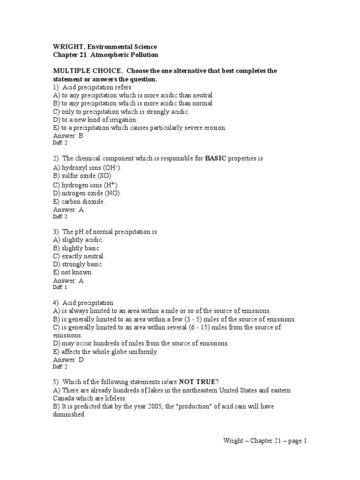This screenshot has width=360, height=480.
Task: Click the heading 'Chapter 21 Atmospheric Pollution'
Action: [x=105, y=55]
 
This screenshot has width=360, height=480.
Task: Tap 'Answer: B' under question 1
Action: [x=68, y=135]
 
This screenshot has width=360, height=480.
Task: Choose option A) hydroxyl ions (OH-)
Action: [x=88, y=168]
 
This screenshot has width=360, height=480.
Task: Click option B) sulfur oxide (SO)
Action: [x=83, y=176]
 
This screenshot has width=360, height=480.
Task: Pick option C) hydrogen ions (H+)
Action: [x=86, y=185]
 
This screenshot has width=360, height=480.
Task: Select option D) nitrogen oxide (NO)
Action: [x=87, y=193]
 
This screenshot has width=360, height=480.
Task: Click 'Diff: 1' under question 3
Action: [x=60, y=287]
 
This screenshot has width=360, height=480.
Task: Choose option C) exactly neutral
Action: [x=79, y=256]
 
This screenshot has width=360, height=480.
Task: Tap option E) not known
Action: [x=73, y=272]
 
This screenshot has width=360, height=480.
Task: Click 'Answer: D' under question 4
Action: [x=68, y=360]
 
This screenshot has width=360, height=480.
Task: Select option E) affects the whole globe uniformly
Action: [x=106, y=352]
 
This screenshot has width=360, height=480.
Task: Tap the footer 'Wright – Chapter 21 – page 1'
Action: [x=264, y=441]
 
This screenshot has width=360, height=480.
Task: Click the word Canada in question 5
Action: [x=64, y=397]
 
